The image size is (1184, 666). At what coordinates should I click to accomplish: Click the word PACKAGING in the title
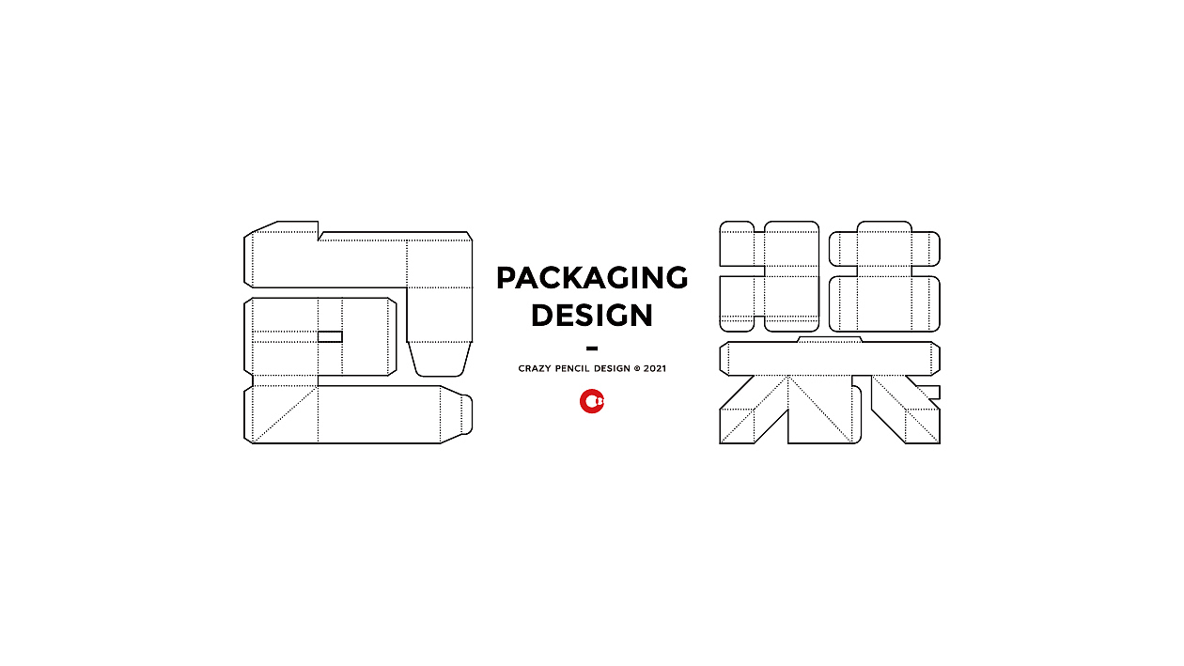pyautogui.click(x=592, y=278)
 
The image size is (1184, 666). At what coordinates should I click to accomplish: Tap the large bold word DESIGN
pyautogui.click(x=592, y=315)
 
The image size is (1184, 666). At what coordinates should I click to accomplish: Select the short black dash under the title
pyautogui.click(x=592, y=348)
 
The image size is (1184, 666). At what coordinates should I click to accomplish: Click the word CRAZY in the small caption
pyautogui.click(x=535, y=368)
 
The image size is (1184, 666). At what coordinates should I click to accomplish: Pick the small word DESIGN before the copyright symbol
pyautogui.click(x=612, y=368)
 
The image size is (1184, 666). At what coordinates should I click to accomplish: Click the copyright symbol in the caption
pyautogui.click(x=637, y=368)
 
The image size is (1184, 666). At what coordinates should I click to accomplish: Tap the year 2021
pyautogui.click(x=655, y=368)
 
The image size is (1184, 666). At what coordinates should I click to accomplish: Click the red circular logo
pyautogui.click(x=592, y=401)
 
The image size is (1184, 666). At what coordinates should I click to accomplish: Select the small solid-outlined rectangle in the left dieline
pyautogui.click(x=330, y=336)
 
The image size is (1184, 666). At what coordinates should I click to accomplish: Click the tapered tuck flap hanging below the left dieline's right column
pyautogui.click(x=439, y=359)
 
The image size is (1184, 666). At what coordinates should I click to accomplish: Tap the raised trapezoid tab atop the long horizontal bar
pyautogui.click(x=830, y=339)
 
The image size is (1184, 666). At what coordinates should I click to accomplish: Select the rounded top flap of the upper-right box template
pyautogui.click(x=884, y=227)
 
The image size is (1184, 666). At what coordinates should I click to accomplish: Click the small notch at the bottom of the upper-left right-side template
pyautogui.click(x=759, y=323)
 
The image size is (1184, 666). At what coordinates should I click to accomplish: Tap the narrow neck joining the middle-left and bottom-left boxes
pyautogui.click(x=286, y=380)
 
